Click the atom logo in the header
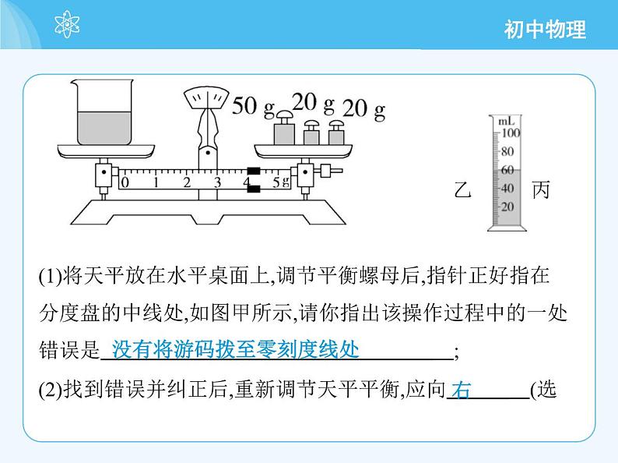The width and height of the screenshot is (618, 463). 67,24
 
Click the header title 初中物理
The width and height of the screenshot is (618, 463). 545,30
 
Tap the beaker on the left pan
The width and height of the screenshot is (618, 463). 104,112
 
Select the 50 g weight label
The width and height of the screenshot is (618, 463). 253,106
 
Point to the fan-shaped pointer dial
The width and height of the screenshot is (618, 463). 206,97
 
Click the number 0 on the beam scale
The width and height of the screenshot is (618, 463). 125,182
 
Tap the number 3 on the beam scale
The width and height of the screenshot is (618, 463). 217,182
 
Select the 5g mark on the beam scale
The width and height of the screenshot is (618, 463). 281,182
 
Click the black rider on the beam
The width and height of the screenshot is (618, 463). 254,180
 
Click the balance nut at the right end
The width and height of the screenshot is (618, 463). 331,171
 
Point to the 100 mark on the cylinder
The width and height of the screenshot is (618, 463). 511,133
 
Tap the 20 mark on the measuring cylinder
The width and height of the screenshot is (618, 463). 507,207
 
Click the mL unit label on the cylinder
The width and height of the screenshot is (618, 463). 507,121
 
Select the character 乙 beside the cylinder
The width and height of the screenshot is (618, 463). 462,189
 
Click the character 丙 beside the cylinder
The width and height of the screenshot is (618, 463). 541,189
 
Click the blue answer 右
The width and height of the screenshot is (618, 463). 461,390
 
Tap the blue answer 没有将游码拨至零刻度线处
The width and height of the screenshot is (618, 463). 235,349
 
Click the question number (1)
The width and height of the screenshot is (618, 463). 51,276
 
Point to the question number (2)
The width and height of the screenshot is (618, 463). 51,390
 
